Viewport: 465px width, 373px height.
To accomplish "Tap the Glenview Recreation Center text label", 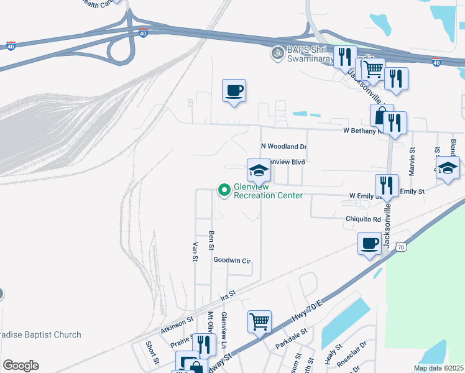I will point(268,191).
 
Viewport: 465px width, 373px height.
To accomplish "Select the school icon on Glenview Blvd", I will point(259,170).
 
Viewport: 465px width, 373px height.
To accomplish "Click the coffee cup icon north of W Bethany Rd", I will point(234,91).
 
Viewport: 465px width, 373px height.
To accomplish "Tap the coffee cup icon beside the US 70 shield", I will point(369,243).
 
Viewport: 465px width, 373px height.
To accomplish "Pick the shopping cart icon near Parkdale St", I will point(259,321).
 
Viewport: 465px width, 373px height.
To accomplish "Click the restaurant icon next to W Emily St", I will point(387,185).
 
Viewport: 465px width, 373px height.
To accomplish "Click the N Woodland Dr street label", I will point(284,147).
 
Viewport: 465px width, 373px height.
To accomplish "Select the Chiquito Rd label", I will point(363,219).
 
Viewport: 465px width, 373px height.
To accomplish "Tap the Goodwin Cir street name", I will point(231,260).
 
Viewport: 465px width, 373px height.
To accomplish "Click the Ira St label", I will point(228,293).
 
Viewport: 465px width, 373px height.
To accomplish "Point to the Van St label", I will point(195,251).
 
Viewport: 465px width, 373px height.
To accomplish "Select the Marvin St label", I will point(412,161).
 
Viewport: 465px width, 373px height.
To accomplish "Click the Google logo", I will point(21,366).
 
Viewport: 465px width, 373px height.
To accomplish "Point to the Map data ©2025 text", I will point(438,368).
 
